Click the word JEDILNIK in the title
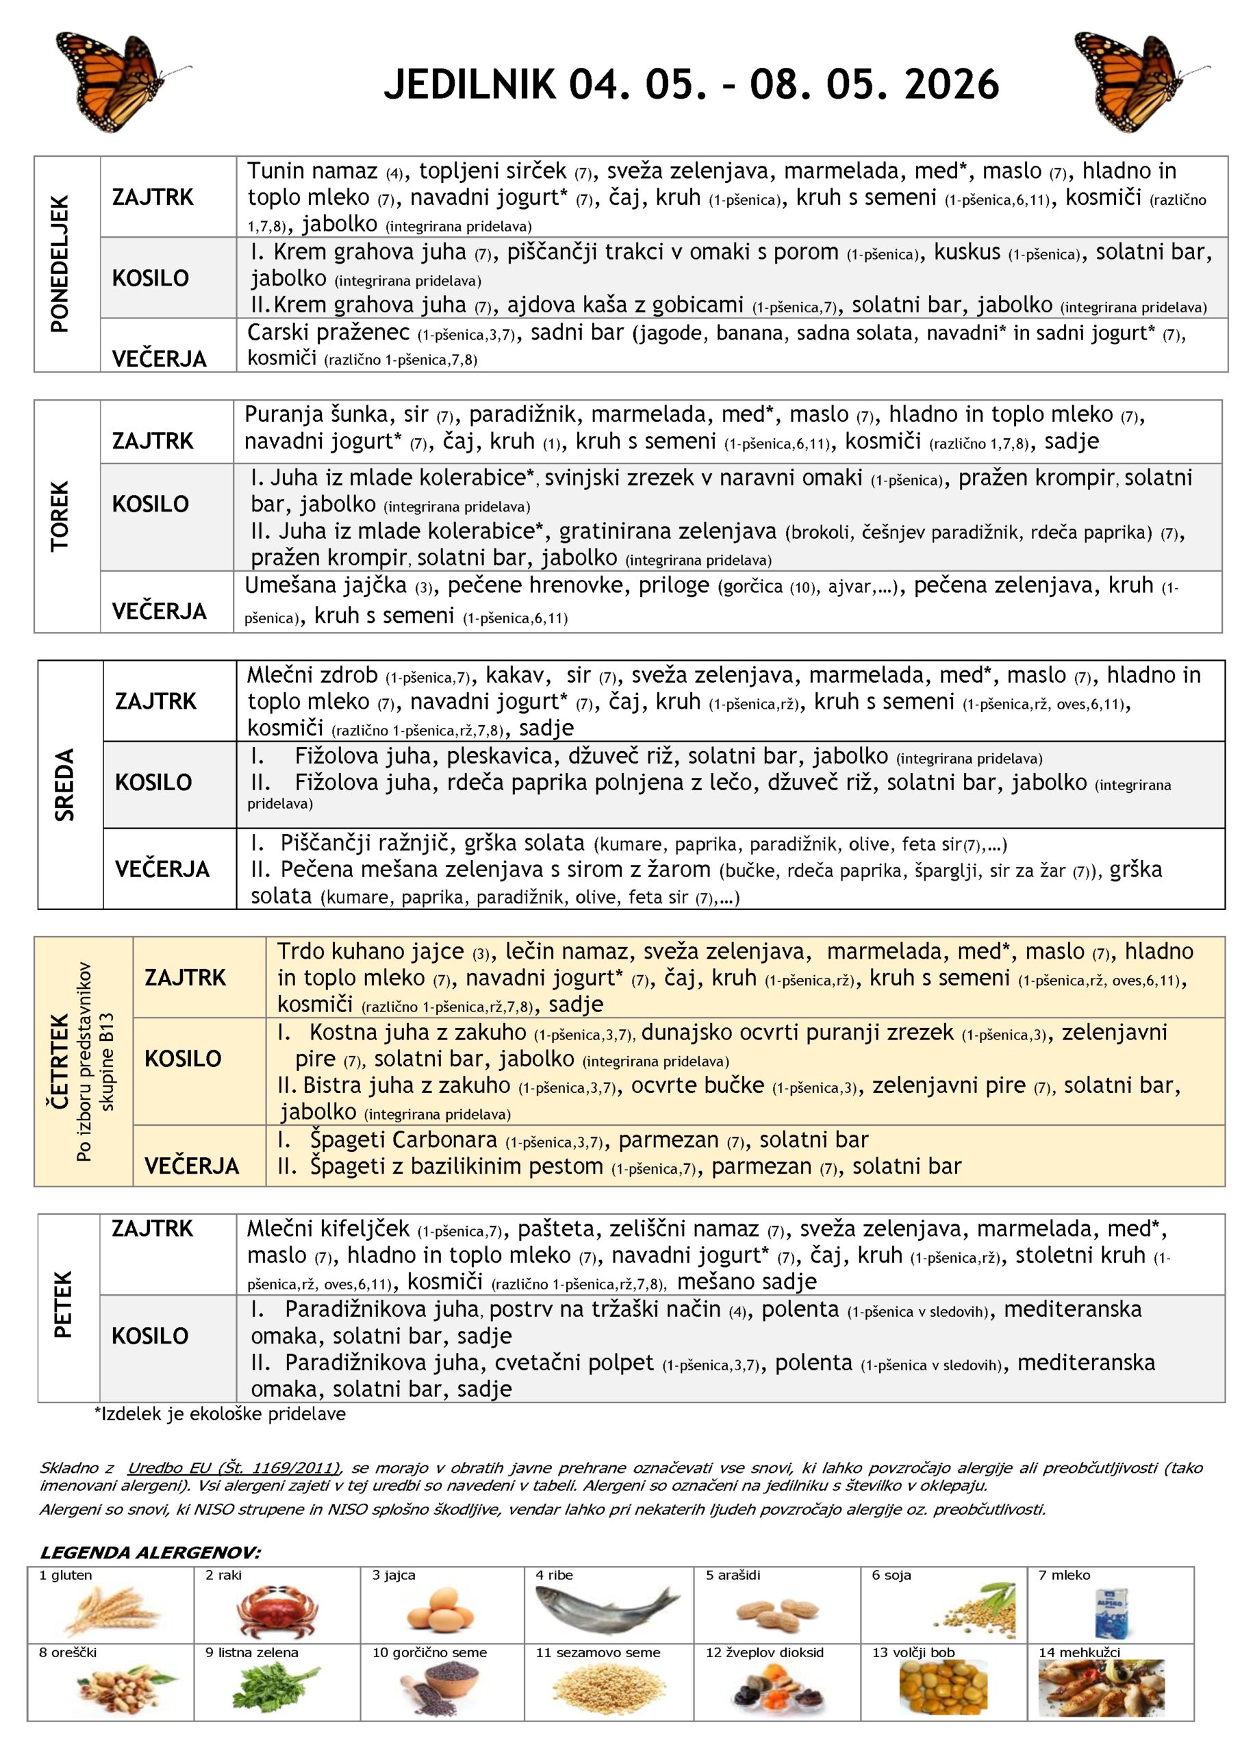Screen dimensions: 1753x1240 click(470, 84)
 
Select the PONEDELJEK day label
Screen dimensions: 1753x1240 click(60, 264)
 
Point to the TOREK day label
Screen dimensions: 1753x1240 click(60, 516)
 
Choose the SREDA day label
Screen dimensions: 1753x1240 click(65, 784)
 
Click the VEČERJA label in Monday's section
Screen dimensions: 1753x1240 click(159, 359)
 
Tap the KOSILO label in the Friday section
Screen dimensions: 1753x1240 click(150, 1335)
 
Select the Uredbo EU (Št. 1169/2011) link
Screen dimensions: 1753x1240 click(233, 1467)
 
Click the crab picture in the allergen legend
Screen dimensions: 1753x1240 click(277, 1611)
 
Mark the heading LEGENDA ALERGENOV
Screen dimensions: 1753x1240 click(150, 1552)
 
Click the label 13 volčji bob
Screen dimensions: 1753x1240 click(913, 1653)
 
